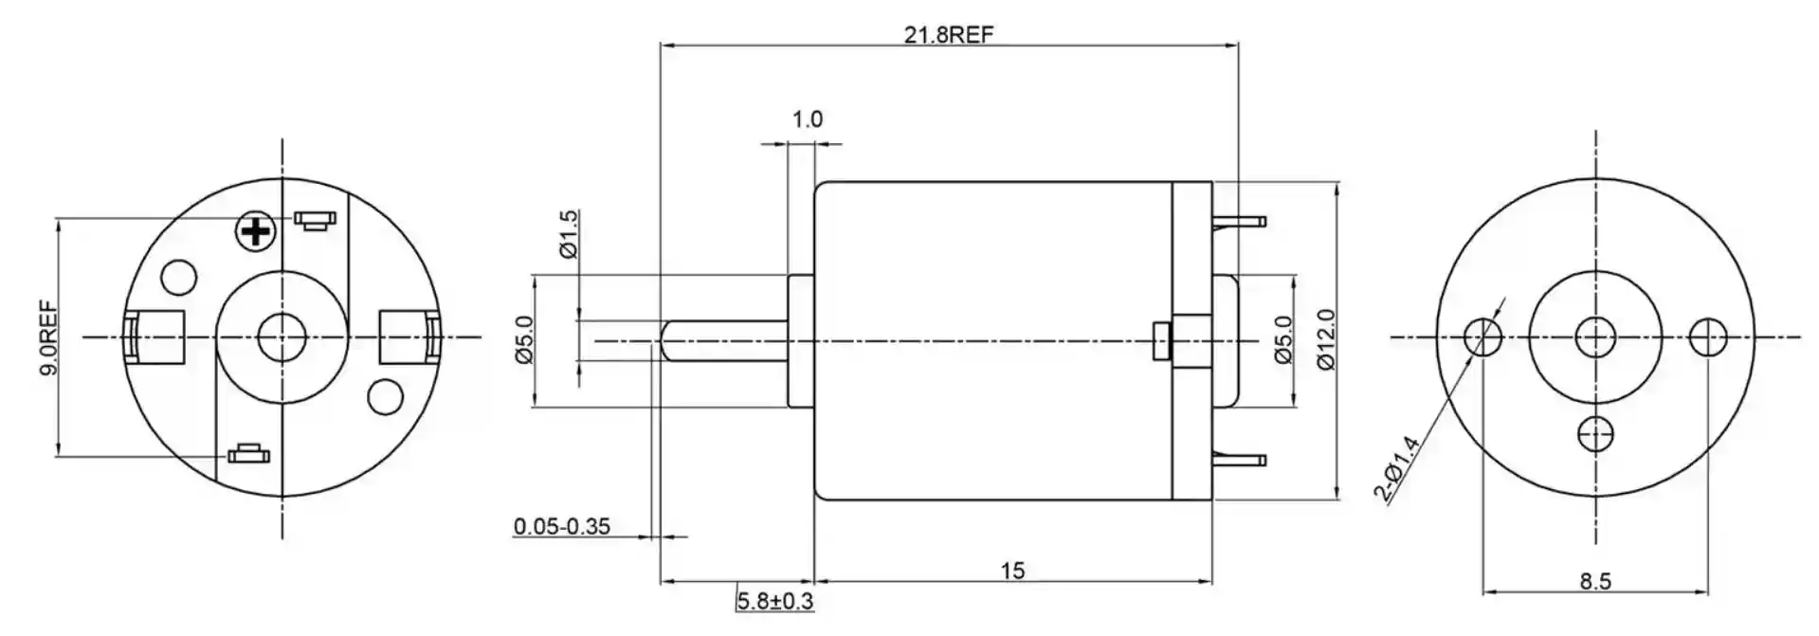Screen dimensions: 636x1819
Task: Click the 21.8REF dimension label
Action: pos(948,35)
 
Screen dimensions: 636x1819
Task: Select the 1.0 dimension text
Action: pos(807,119)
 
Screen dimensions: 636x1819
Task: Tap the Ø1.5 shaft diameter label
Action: pos(568,234)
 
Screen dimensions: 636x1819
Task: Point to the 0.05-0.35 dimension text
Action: pos(562,527)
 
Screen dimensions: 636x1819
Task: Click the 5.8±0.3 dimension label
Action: pos(774,601)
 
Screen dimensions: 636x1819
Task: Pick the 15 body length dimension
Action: pos(1012,571)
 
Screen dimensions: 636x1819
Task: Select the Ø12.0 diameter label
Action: pos(1326,339)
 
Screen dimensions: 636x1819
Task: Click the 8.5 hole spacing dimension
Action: pos(1595,581)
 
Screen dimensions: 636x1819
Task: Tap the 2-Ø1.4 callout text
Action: pos(1396,466)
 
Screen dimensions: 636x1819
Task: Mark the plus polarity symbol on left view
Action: pos(254,230)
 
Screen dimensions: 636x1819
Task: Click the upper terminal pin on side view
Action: pos(1240,222)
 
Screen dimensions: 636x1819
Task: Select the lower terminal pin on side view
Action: pos(1240,460)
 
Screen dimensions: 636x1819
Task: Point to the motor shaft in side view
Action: pos(725,338)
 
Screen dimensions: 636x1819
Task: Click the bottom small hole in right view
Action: pos(1595,433)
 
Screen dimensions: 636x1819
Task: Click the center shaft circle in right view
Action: pos(1595,336)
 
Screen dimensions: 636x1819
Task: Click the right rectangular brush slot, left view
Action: pos(408,337)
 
